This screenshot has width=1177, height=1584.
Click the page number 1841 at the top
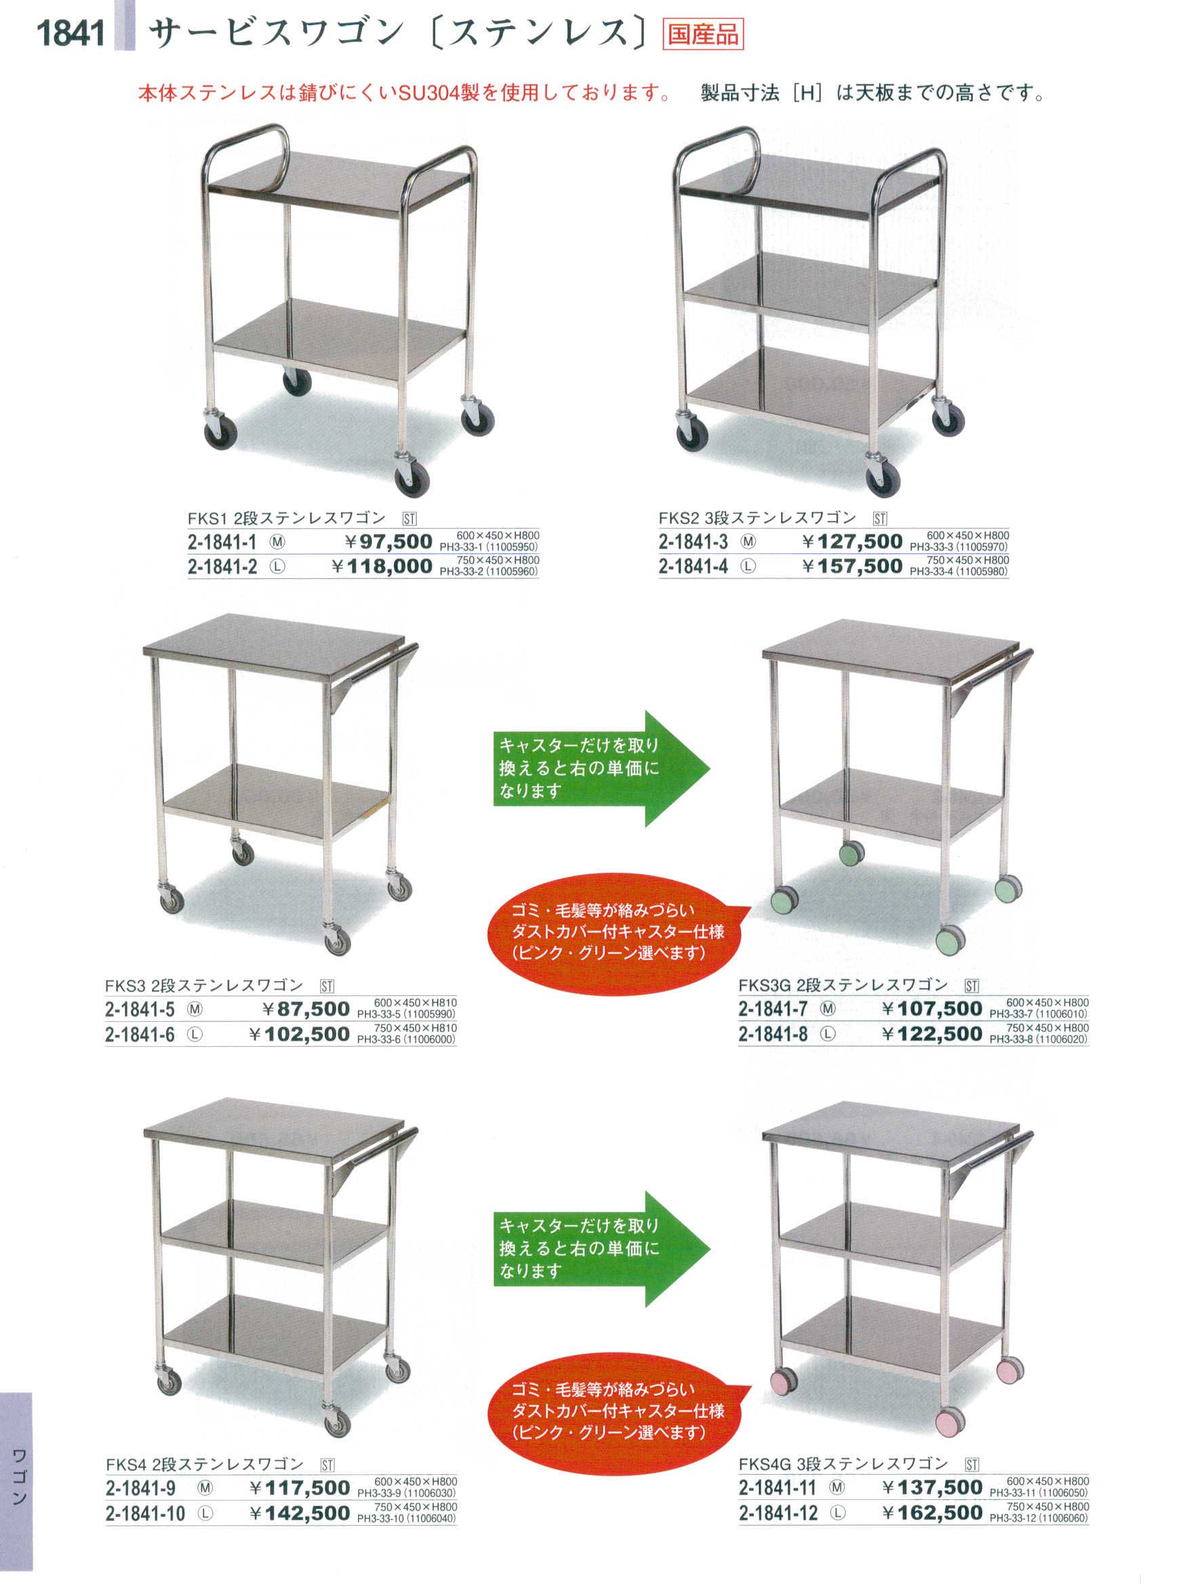[71, 33]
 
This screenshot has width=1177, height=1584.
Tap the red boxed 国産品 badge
[702, 34]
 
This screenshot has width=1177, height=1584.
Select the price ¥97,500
[388, 542]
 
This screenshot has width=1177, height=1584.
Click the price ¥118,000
[382, 566]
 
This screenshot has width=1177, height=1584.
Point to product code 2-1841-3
[692, 542]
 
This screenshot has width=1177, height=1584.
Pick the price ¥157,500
[852, 566]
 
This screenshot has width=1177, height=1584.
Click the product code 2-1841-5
[140, 1009]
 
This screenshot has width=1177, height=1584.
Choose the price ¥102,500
[299, 1034]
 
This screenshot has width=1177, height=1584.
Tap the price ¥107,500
[932, 1008]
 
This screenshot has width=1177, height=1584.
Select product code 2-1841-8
[773, 1034]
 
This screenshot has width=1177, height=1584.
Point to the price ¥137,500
[932, 1487]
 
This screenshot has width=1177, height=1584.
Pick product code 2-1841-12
[778, 1513]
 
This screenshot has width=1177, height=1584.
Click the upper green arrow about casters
[602, 768]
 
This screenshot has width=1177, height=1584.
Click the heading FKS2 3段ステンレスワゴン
[757, 518]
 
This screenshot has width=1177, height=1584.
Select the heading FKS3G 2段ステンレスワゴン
[843, 985]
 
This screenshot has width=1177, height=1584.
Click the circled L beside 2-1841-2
[277, 567]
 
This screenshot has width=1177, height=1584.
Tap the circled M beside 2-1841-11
[837, 1488]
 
